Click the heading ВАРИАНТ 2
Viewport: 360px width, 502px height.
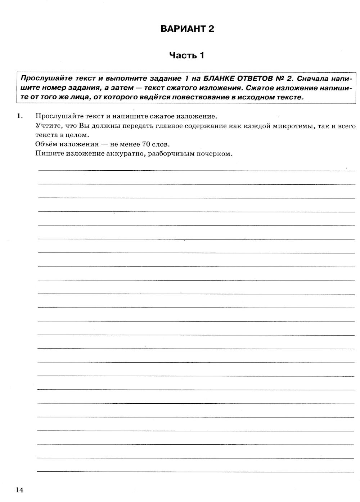pyautogui.click(x=187, y=29)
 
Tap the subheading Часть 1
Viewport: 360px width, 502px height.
pyautogui.click(x=187, y=55)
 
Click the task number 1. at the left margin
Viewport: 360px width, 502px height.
pyautogui.click(x=19, y=116)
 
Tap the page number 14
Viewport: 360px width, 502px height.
pyautogui.click(x=19, y=489)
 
